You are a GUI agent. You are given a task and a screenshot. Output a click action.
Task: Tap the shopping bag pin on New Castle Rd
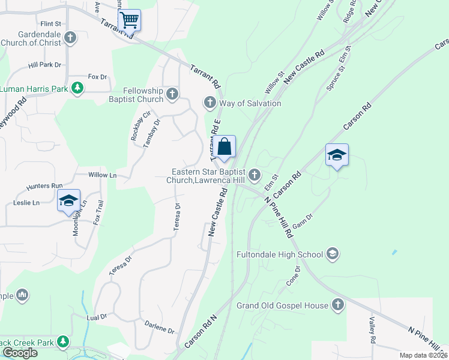pyautogui.click(x=224, y=147)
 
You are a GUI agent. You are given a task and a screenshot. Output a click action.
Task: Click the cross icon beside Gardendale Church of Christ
pyautogui.click(x=70, y=38)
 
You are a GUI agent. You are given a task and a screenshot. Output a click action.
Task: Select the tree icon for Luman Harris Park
pyautogui.click(x=77, y=89)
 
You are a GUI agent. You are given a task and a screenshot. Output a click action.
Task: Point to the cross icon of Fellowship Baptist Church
pyautogui.click(x=172, y=94)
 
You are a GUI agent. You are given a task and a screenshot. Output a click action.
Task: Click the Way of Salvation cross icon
pyautogui.click(x=210, y=103)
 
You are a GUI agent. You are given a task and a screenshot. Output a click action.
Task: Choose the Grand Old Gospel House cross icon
pyautogui.click(x=337, y=305)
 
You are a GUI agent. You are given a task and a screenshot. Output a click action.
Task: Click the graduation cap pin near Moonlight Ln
pyautogui.click(x=68, y=201)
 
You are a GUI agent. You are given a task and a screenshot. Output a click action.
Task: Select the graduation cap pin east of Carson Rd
pyautogui.click(x=337, y=155)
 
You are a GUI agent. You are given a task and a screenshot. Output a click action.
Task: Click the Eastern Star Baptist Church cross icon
pyautogui.click(x=255, y=175)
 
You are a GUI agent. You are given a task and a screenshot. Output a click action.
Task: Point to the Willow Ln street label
pyautogui.click(x=102, y=175)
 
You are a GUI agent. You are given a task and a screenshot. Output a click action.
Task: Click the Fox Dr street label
pyautogui.click(x=97, y=77)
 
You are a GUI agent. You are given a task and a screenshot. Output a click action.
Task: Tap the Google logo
pyautogui.click(x=20, y=353)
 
